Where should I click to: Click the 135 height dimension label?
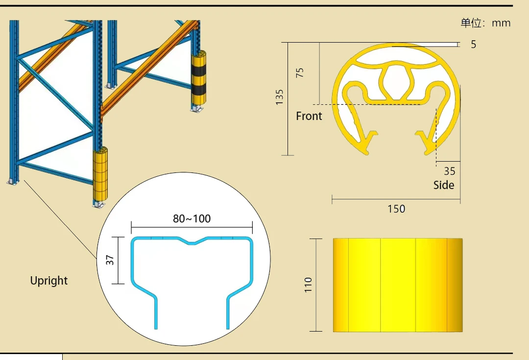pyautogui.click(x=279, y=97)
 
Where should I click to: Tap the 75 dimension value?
pyautogui.click(x=300, y=72)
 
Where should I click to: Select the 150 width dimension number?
pyautogui.click(x=396, y=209)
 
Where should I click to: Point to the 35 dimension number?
pyautogui.click(x=449, y=171)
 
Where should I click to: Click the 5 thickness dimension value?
pyautogui.click(x=473, y=44)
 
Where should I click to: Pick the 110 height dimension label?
pyautogui.click(x=308, y=285)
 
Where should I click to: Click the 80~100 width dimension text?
pyautogui.click(x=192, y=218)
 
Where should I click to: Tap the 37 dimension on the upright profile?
pyautogui.click(x=110, y=260)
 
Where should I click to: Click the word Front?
pyautogui.click(x=309, y=116)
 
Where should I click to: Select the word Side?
pyautogui.click(x=444, y=185)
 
